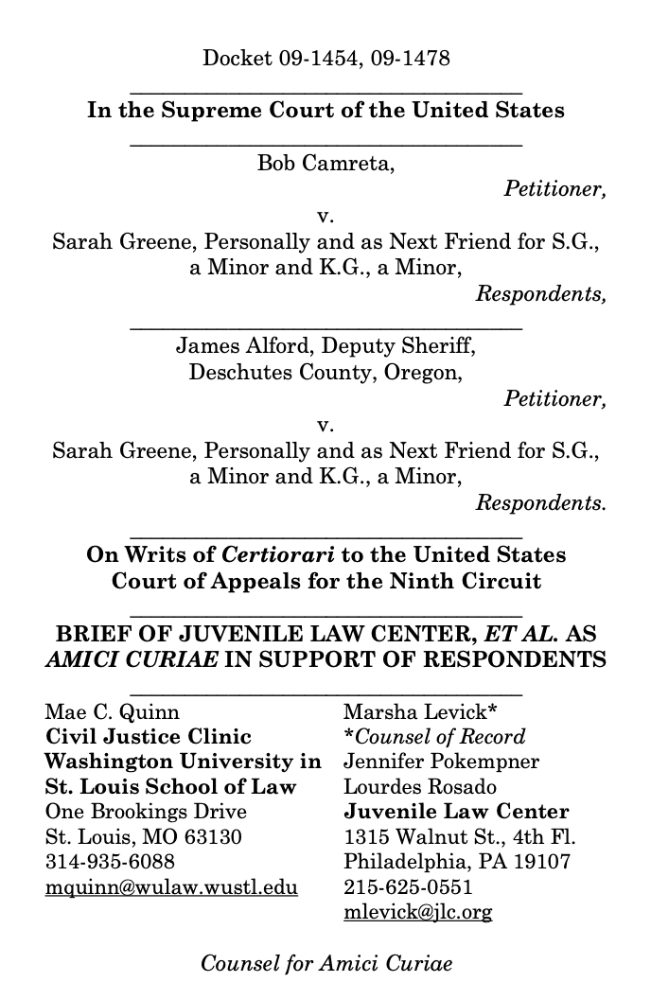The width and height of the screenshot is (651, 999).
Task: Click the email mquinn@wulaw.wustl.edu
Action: tap(171, 887)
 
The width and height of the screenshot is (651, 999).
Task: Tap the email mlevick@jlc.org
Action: tap(417, 913)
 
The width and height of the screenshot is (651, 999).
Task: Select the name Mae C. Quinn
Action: tap(113, 710)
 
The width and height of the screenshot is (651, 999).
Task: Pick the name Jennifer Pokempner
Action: tap(428, 761)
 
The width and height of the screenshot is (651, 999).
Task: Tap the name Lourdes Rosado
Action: tap(407, 786)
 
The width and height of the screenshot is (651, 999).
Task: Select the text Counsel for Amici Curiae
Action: tap(325, 964)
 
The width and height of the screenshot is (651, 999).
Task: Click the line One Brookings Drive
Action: tap(146, 812)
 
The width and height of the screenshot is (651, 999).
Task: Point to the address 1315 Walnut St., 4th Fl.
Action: tap(459, 837)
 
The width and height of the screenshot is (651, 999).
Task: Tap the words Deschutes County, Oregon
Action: tap(325, 372)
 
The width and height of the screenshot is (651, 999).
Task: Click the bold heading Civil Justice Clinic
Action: tap(148, 736)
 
